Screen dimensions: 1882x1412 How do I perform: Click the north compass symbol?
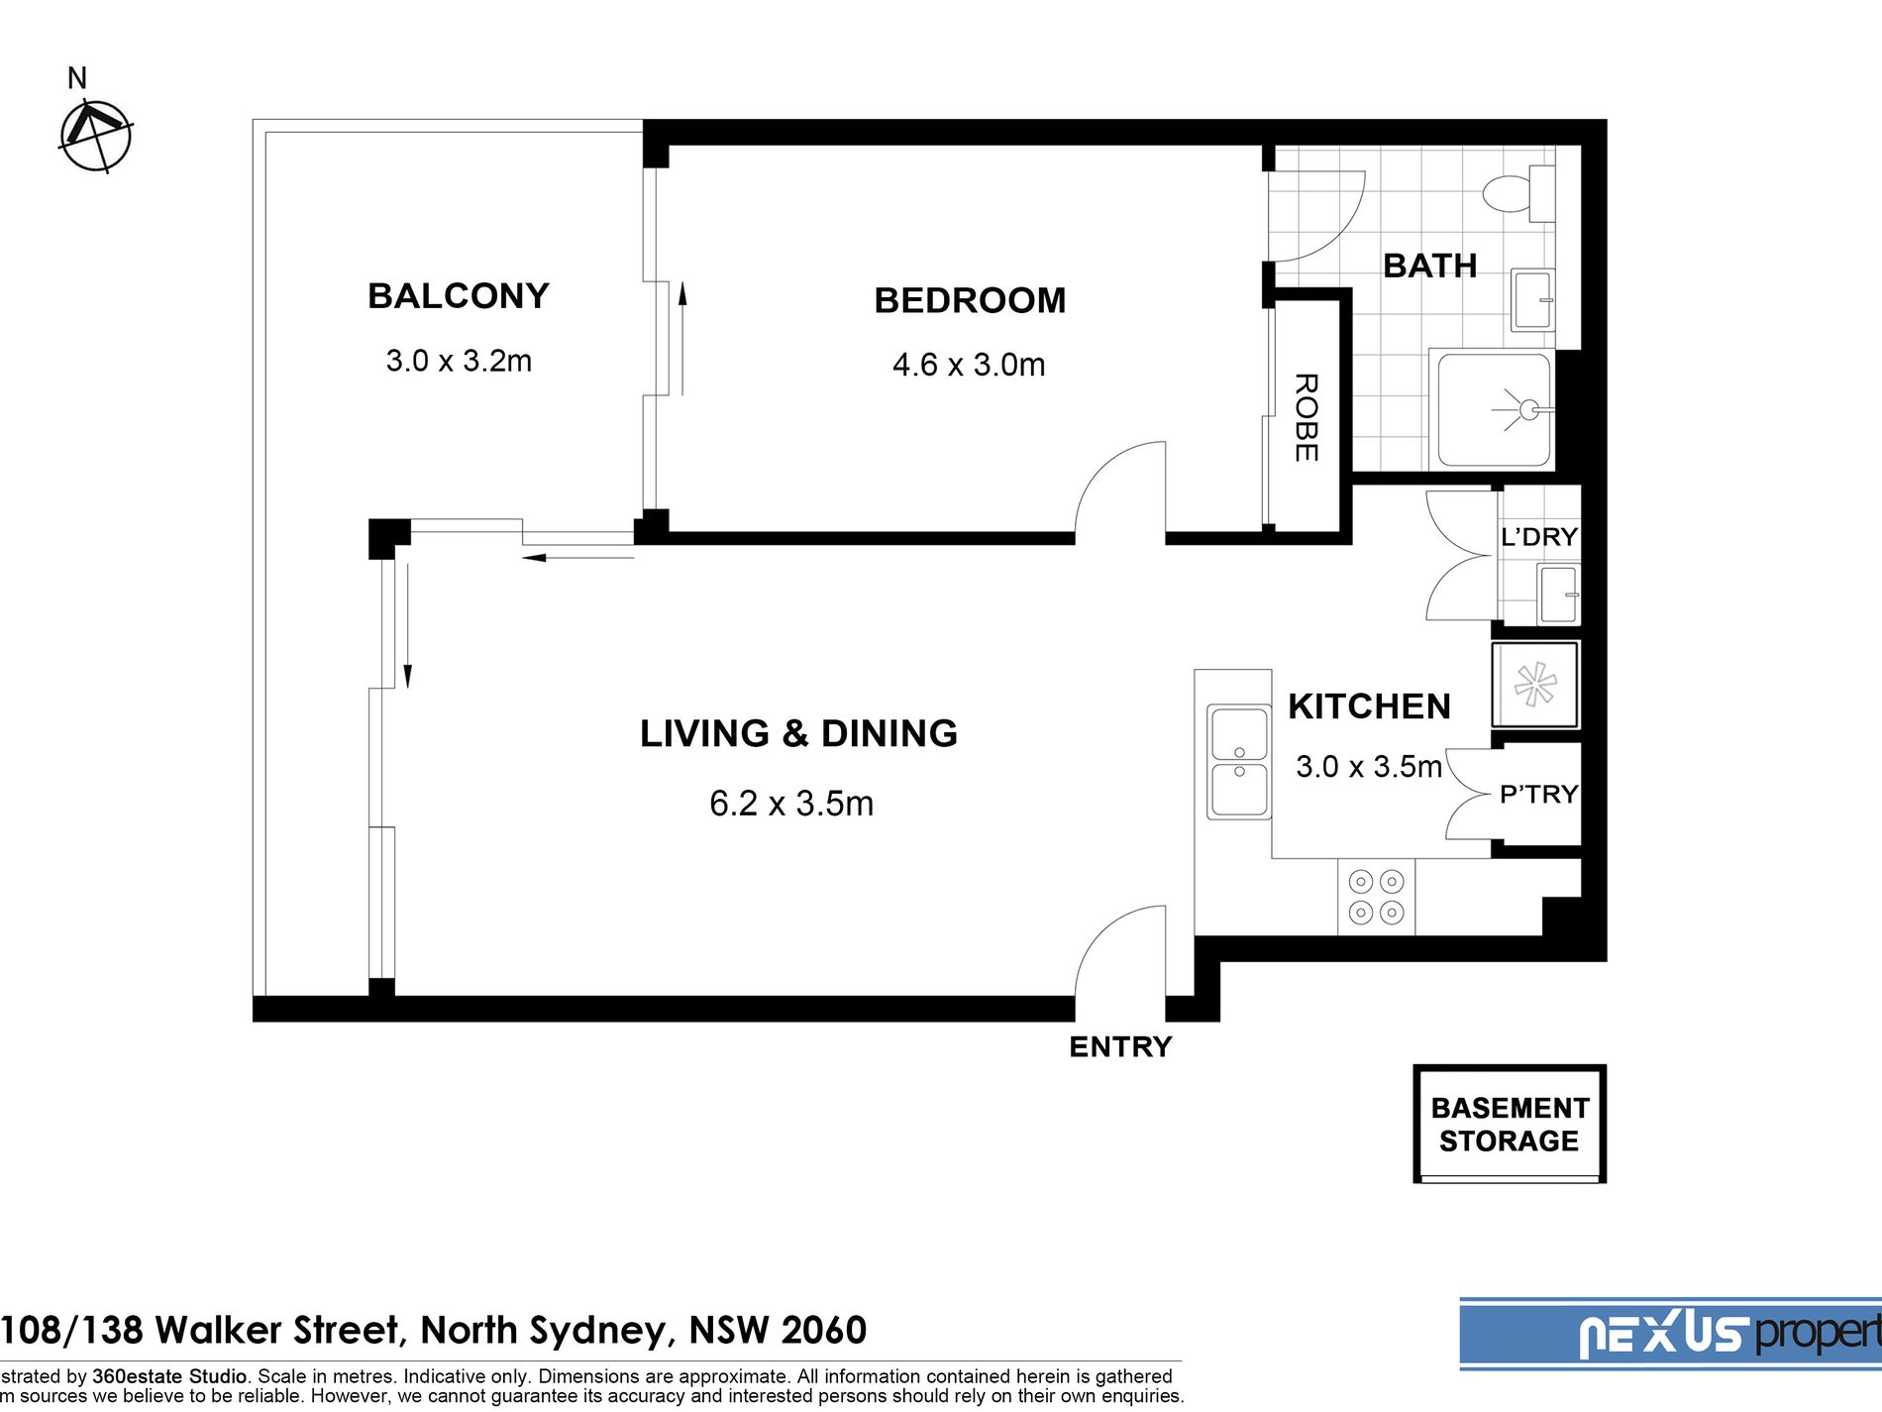coord(96,136)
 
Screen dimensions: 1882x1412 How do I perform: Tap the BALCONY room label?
coord(459,296)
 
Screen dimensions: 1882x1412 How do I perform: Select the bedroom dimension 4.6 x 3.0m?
coord(969,365)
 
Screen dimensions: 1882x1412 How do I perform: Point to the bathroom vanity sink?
coord(1533,300)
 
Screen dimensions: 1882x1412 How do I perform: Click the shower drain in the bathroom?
coord(1528,408)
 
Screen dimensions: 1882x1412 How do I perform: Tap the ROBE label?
coord(1306,417)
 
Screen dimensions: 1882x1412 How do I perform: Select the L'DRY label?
coord(1539,537)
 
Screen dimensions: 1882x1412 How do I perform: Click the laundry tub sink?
coord(1558,594)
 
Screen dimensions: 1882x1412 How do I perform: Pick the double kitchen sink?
coord(1238,762)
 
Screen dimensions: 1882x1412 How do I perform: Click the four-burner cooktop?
coord(1376,897)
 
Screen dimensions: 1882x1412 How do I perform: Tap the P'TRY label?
coord(1538,795)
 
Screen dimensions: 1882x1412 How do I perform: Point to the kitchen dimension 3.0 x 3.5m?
coord(1369,766)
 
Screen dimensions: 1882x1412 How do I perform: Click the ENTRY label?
coord(1120,1046)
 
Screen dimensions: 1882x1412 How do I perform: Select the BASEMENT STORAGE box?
coord(1510,1124)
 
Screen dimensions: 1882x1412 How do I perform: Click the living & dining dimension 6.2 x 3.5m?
coord(791,804)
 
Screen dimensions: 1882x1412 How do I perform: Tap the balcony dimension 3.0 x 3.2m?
coord(459,361)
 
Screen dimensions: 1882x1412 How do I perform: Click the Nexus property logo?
coord(1671,1334)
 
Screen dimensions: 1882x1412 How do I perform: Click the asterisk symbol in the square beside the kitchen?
coord(1534,684)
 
